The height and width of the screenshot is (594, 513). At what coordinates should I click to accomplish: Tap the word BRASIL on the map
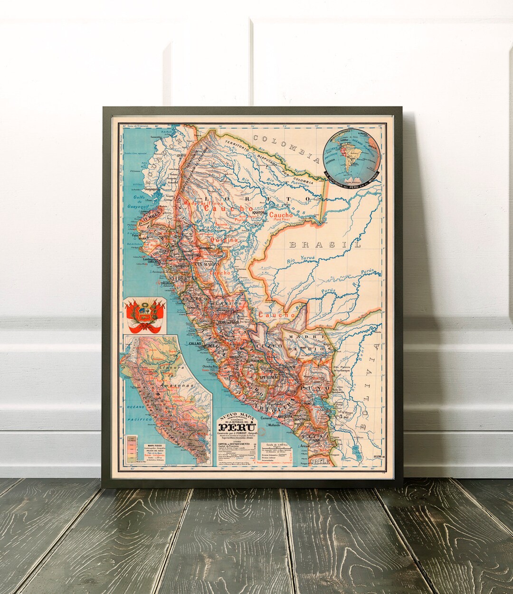pos(325,245)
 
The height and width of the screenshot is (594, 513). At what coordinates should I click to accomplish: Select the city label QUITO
pos(180,155)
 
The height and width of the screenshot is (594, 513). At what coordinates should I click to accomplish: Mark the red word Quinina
pos(225,240)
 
